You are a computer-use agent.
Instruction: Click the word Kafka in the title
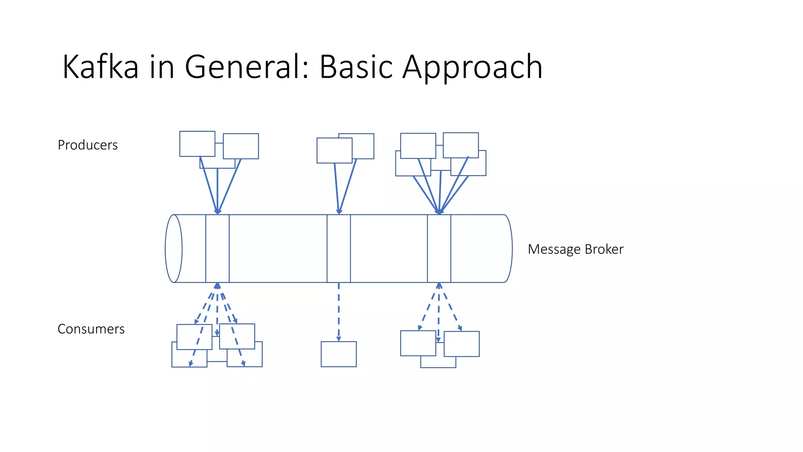tap(100, 67)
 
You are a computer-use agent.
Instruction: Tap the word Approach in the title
tap(472, 67)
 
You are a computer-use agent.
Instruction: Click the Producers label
tap(87, 145)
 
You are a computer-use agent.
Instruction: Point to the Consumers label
tap(91, 329)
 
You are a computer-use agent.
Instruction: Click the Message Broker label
tap(575, 249)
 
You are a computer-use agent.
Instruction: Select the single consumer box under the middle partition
tap(338, 354)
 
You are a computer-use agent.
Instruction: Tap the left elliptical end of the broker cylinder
tap(174, 248)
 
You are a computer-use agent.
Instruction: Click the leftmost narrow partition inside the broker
tap(217, 248)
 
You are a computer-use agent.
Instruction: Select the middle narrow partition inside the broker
tap(338, 248)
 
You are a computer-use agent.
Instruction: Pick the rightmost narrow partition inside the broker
tap(439, 248)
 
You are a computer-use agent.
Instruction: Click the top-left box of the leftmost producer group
tap(197, 143)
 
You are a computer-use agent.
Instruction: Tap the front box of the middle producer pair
tap(334, 150)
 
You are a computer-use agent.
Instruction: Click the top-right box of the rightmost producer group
tap(461, 145)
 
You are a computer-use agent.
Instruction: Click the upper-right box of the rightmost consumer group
tap(461, 344)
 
